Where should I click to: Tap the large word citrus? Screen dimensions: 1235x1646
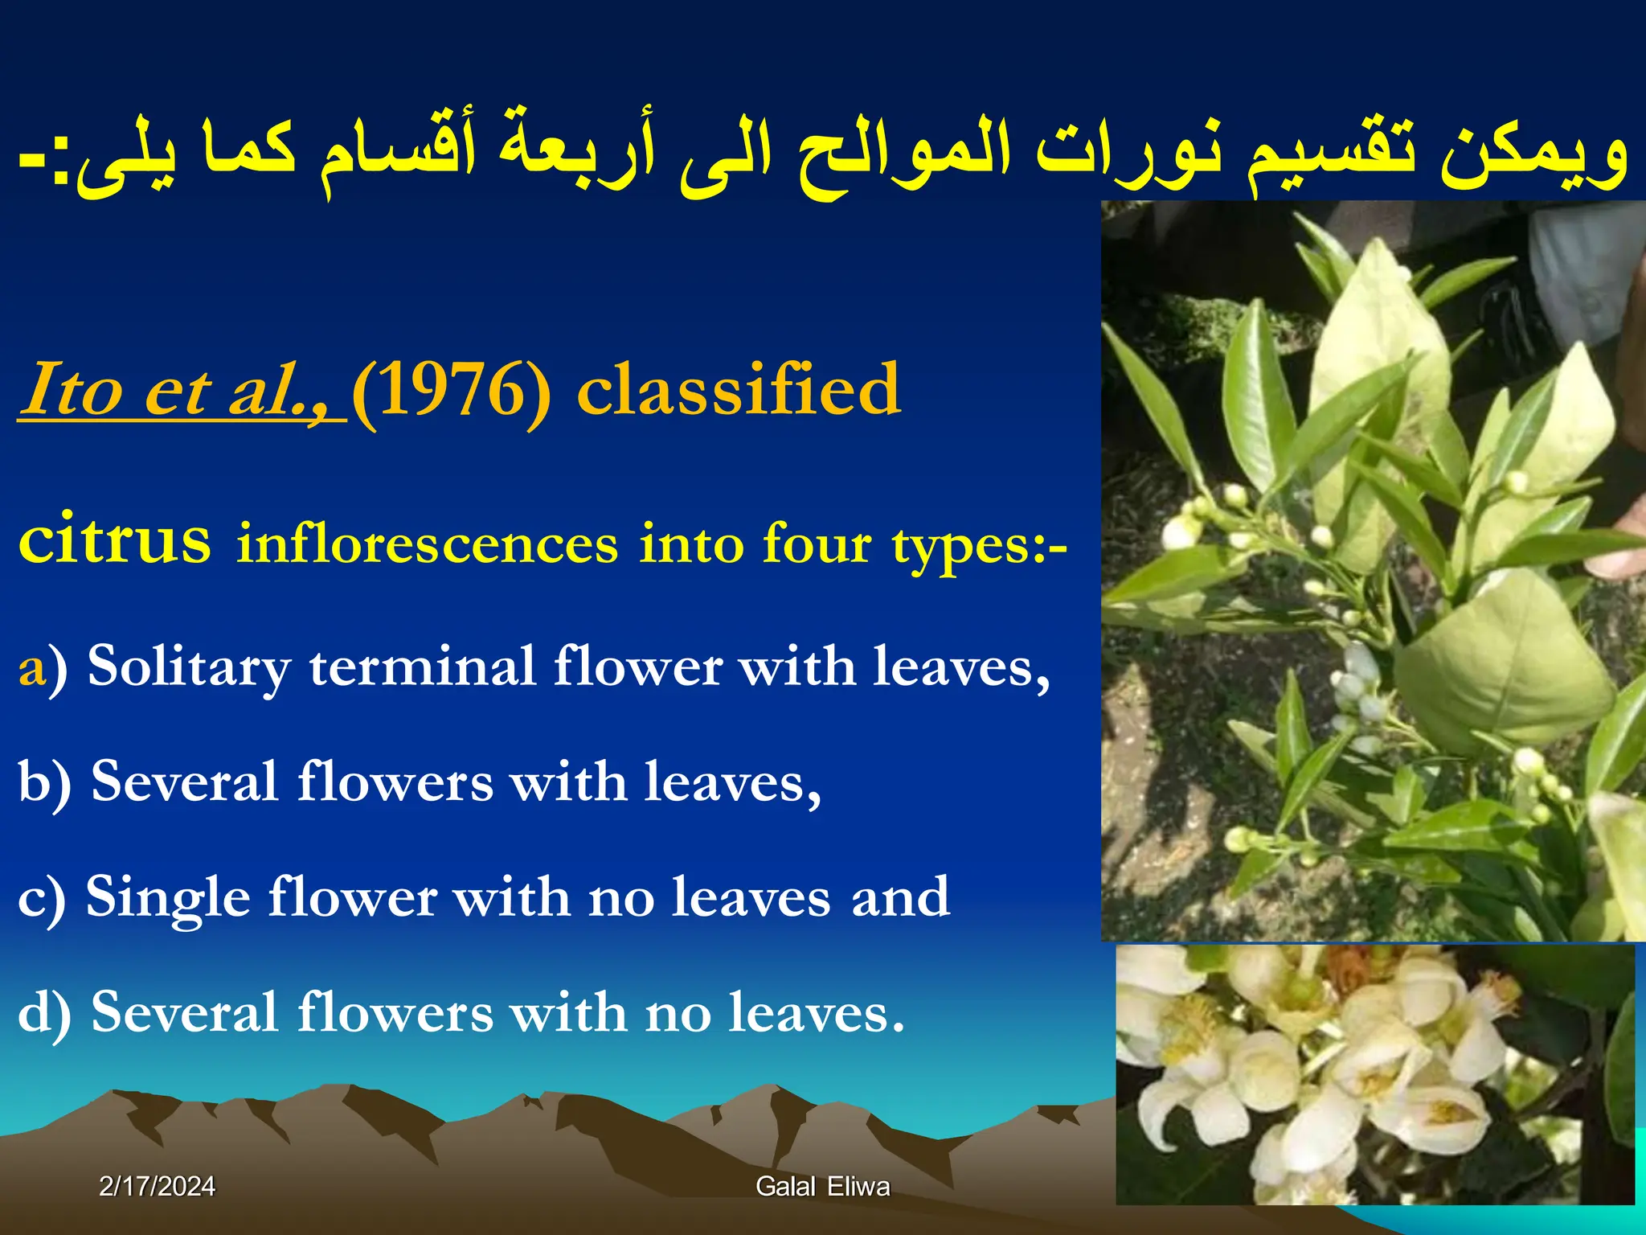(x=115, y=538)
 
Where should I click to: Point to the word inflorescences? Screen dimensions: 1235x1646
(x=427, y=544)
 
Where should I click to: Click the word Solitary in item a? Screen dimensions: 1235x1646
(x=189, y=667)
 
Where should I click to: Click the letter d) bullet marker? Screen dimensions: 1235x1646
(x=44, y=1013)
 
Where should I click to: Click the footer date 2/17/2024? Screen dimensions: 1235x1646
(x=157, y=1186)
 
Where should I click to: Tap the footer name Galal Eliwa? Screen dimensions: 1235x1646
(x=822, y=1186)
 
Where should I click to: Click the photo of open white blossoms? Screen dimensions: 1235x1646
(x=1374, y=1073)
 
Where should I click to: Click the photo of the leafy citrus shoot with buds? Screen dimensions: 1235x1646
(x=1373, y=571)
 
